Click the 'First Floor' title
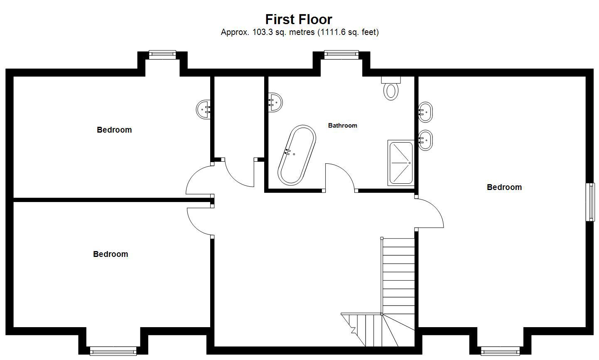pos(298,19)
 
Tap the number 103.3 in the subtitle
pos(263,32)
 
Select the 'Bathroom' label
pos(343,125)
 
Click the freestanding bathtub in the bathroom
pos(297,155)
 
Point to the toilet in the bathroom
pos(391,88)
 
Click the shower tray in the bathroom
pos(401,163)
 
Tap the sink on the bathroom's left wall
pos(275,103)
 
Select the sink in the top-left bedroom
pos(203,109)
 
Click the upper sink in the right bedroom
pos(425,112)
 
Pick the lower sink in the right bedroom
pos(425,140)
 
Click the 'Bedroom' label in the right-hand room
pos(504,187)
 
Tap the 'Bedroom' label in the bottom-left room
pos(110,254)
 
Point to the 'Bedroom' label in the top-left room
pos(114,130)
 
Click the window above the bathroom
pos(341,54)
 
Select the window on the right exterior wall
pos(590,202)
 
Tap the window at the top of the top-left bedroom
pos(162,54)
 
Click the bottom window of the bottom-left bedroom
pos(113,351)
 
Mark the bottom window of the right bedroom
pos(500,351)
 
